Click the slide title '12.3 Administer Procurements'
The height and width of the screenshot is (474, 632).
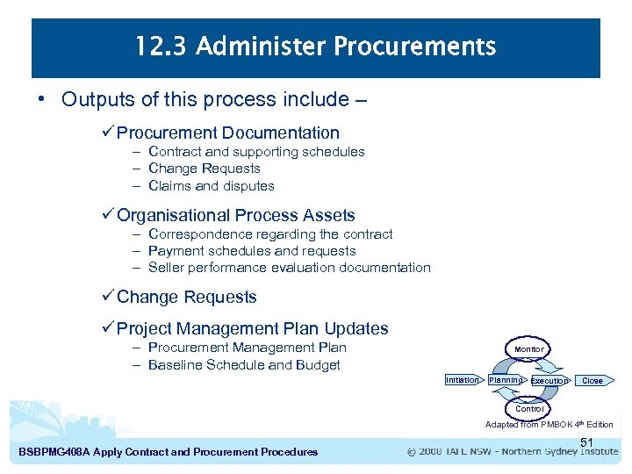pyautogui.click(x=316, y=47)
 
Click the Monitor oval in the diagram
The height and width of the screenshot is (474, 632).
pyautogui.click(x=528, y=349)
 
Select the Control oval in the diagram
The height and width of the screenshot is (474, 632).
pyautogui.click(x=529, y=409)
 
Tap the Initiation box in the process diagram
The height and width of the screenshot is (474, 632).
pyautogui.click(x=463, y=380)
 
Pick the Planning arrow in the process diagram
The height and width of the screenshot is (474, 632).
pyautogui.click(x=506, y=380)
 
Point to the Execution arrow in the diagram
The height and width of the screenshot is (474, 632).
pyautogui.click(x=549, y=381)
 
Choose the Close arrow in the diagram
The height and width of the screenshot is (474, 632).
pyautogui.click(x=593, y=381)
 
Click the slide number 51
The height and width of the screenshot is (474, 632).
pyautogui.click(x=587, y=442)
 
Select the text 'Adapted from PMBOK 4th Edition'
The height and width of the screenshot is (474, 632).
pyautogui.click(x=549, y=425)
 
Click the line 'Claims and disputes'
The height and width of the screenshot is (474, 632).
pyautogui.click(x=212, y=186)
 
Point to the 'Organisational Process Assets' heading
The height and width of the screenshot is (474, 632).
pyautogui.click(x=236, y=215)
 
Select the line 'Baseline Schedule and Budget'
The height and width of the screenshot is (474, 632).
pyautogui.click(x=244, y=365)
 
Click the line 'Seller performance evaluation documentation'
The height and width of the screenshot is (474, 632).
pyautogui.click(x=290, y=268)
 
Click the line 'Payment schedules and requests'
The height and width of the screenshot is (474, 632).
pyautogui.click(x=252, y=251)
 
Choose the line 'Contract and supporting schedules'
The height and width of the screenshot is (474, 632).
pyautogui.click(x=256, y=152)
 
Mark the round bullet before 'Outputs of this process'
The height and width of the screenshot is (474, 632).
pyautogui.click(x=42, y=99)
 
